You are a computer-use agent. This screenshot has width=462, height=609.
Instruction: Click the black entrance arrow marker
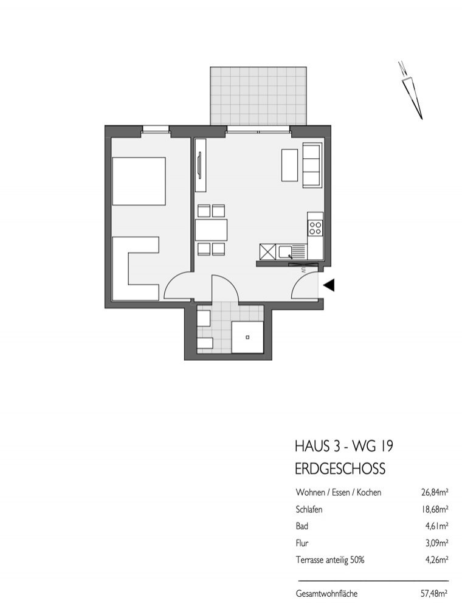329,285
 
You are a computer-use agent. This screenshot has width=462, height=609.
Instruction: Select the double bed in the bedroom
139,181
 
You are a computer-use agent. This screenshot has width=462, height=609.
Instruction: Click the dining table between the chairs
211,230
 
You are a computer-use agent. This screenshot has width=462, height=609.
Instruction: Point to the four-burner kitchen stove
315,228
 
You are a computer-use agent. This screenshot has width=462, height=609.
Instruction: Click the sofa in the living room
312,165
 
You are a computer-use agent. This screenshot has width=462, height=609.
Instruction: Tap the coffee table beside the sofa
289,165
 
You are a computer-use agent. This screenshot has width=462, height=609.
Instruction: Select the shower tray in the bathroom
247,336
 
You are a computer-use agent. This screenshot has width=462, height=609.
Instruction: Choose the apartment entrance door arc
305,287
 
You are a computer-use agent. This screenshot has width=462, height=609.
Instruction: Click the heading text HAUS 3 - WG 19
343,447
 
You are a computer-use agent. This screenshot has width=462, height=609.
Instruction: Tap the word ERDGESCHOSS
340,469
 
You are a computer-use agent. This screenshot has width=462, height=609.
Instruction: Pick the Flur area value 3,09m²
433,541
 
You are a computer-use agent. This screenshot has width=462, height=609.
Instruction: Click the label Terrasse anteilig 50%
331,558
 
